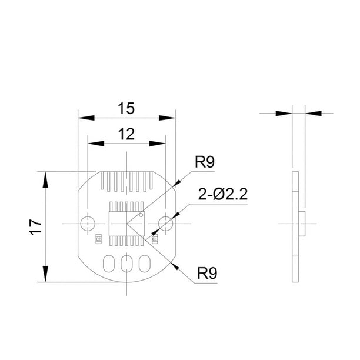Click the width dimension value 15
[x=126, y=108]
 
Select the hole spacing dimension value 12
[x=126, y=134]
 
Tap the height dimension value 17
[x=34, y=226]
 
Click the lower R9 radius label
[x=207, y=273]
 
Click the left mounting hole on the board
[x=88, y=224]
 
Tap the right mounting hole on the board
[x=165, y=224]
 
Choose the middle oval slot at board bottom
[x=126, y=264]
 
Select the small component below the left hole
[x=98, y=238]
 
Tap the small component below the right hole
[x=155, y=238]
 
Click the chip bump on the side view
[x=302, y=224]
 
